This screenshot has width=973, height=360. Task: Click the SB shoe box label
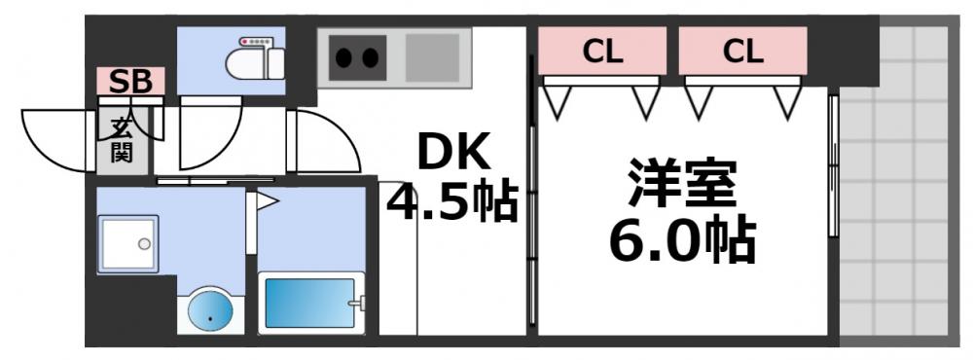pos(130,82)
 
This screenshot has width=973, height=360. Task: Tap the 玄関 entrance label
pos(121,140)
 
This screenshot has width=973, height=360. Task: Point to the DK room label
pos(454,154)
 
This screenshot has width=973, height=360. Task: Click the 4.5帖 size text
pos(452,203)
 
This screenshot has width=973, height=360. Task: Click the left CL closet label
pos(602,52)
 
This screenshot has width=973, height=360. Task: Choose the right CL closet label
pos(742,52)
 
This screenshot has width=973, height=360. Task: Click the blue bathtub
pos(309,305)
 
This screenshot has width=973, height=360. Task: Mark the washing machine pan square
pos(127,244)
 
